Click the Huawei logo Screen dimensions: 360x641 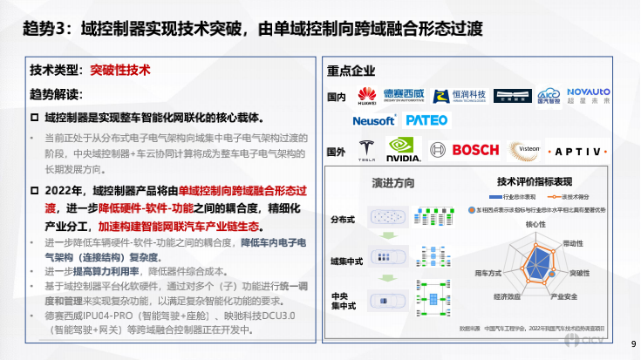366,95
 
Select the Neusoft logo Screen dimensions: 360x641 373,120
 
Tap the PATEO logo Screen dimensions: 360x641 426,120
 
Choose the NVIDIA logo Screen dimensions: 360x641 403,150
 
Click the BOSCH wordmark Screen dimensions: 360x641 475,149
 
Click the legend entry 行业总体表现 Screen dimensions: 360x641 518,198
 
